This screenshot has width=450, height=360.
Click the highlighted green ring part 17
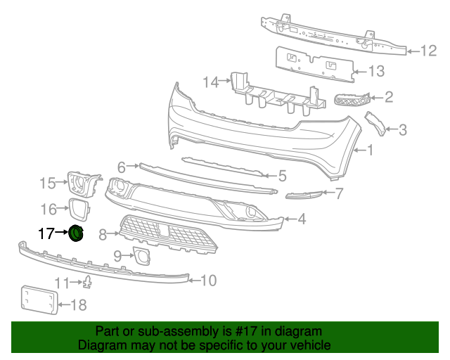pyautogui.click(x=76, y=233)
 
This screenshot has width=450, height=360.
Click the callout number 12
pyautogui.click(x=429, y=51)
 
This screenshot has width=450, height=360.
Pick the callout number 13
pyautogui.click(x=377, y=71)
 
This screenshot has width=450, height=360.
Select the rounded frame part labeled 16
pyautogui.click(x=78, y=209)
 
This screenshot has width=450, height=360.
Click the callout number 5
pyautogui.click(x=282, y=176)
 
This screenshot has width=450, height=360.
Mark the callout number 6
pyautogui.click(x=122, y=167)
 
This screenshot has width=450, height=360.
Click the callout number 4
pyautogui.click(x=301, y=219)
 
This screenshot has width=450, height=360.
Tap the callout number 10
pyautogui.click(x=209, y=281)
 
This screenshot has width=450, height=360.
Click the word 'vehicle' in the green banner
pyautogui.click(x=310, y=345)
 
